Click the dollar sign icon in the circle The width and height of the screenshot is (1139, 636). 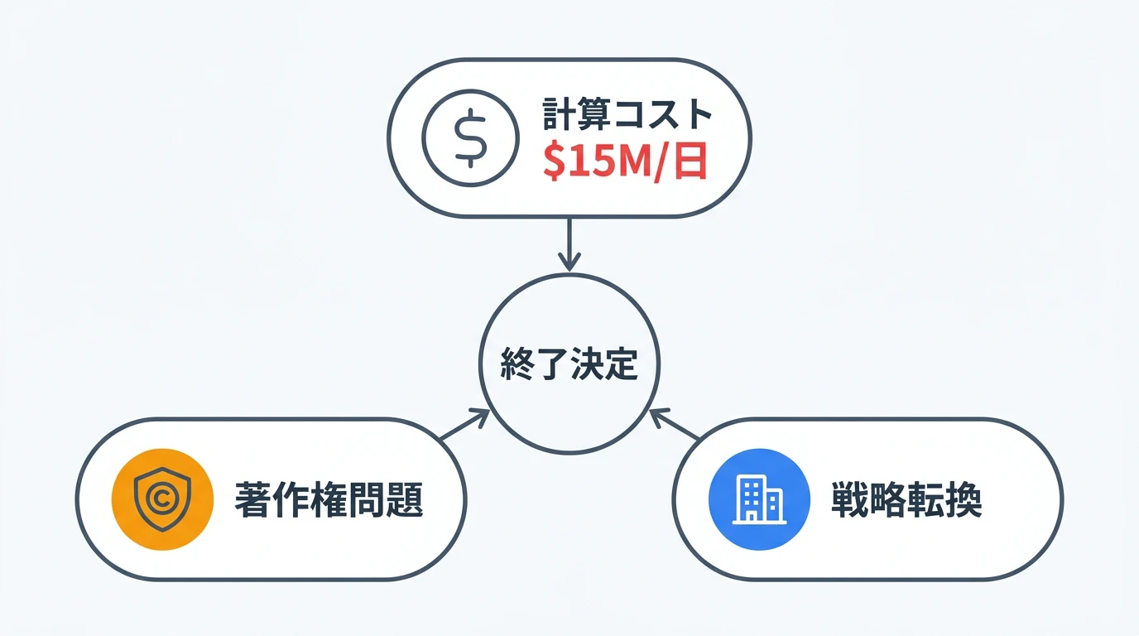[470, 138]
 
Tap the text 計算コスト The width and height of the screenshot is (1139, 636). [627, 114]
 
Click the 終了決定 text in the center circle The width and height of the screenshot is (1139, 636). [569, 364]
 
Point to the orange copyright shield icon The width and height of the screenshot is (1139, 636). [162, 499]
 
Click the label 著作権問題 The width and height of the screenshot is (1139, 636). [329, 499]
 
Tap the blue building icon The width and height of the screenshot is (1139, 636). [759, 499]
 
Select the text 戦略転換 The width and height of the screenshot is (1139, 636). [906, 499]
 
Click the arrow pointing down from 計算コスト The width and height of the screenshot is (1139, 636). [569, 245]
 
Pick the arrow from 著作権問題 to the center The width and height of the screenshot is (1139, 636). [464, 424]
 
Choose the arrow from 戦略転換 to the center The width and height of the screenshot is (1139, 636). [675, 424]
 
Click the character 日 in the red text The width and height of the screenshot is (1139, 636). [691, 161]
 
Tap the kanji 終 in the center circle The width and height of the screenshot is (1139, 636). [517, 364]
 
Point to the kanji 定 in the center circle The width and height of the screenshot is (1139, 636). [622, 364]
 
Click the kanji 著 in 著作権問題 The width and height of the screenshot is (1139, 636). [252, 499]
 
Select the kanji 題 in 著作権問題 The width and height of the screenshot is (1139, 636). [405, 499]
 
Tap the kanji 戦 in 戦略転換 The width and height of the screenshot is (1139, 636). [849, 499]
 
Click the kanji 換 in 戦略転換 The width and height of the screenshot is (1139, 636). [964, 499]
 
